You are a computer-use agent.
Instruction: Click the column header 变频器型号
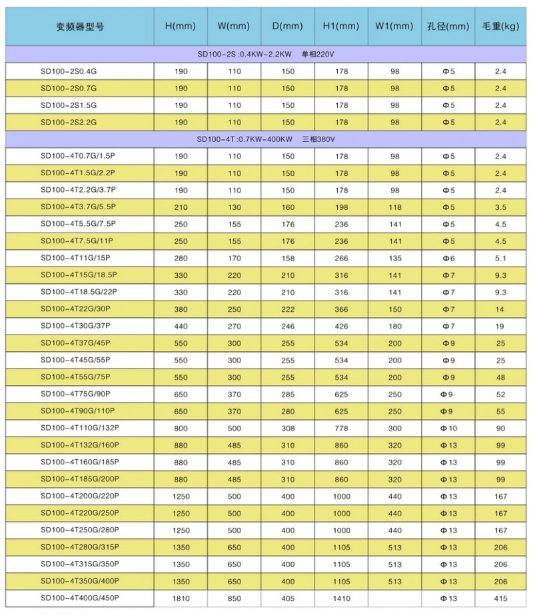(80, 27)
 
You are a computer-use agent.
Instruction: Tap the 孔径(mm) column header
(448, 27)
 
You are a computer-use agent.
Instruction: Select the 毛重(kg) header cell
(500, 27)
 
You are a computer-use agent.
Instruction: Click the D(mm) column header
(287, 27)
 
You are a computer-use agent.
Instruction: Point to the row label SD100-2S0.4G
(69, 71)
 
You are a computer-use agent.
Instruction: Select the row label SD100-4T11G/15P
(74, 258)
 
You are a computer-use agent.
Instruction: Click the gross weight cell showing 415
(501, 598)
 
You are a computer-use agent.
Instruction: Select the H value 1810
(181, 598)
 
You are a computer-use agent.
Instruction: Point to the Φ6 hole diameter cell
(449, 258)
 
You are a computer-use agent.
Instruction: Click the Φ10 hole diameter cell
(449, 428)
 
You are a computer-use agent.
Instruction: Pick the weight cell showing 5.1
(501, 258)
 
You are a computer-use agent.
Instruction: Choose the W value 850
(235, 598)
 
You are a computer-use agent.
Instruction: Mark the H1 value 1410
(341, 598)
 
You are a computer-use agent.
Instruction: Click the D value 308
(287, 428)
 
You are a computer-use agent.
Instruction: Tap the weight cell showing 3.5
(501, 207)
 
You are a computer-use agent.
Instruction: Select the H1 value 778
(341, 428)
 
